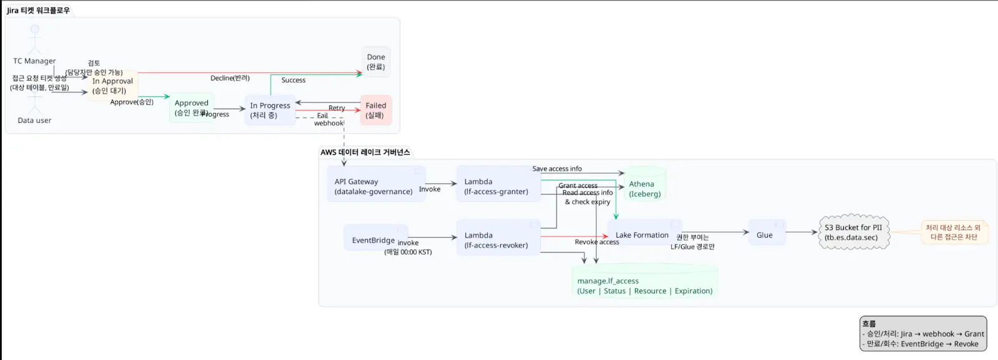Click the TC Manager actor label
34,61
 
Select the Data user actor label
34,120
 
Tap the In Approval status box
113,85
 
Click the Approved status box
191,107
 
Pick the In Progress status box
270,110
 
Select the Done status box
376,62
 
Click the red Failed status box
375,110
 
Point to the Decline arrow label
230,78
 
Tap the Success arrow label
293,80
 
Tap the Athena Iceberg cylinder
645,185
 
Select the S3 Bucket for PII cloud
853,232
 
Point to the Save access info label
557,168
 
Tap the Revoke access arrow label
596,242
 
